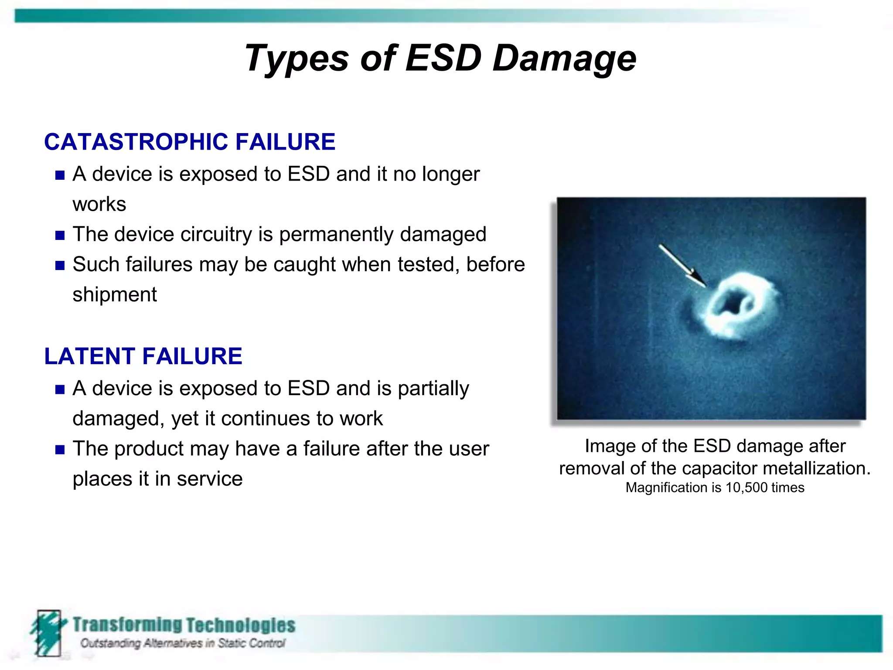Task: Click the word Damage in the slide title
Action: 564,58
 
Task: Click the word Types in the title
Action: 297,58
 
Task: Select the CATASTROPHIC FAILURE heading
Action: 190,142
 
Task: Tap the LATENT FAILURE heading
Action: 143,356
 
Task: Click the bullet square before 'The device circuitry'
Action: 60,236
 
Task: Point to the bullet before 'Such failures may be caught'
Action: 60,266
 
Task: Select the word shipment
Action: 114,294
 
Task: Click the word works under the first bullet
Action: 99,204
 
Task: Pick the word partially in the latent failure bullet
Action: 433,388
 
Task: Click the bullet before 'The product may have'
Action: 60,450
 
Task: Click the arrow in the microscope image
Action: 682,265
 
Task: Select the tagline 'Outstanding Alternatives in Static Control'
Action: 182,643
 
